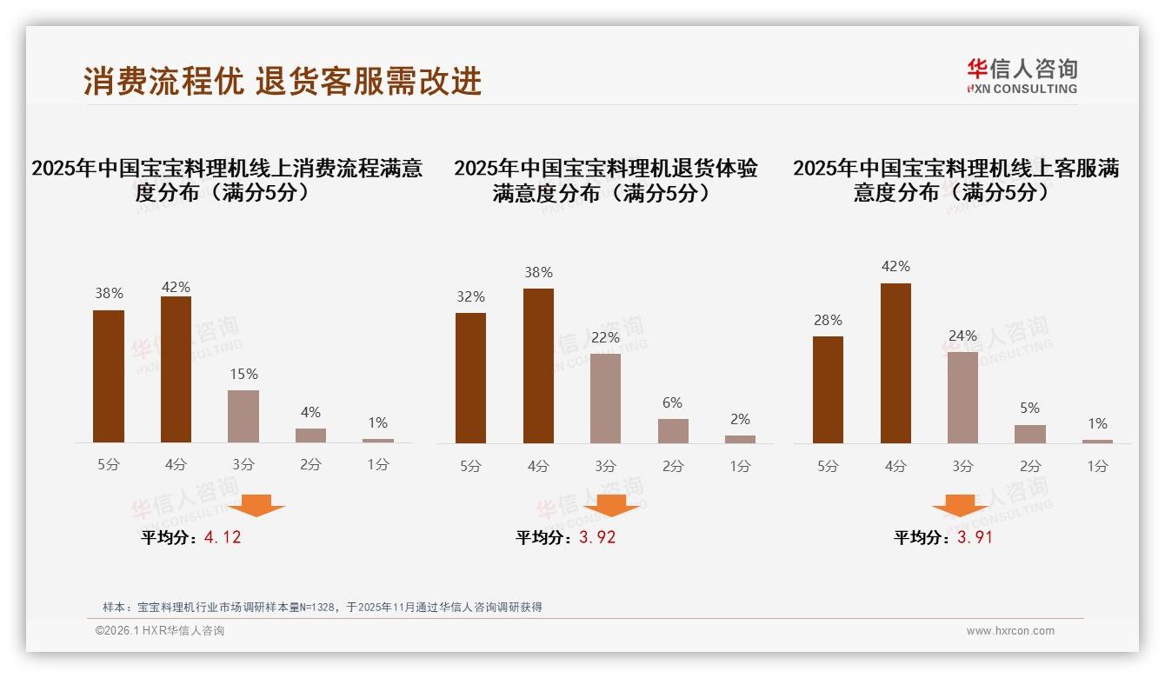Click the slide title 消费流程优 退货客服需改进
pos(283,81)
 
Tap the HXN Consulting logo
pos(1022,76)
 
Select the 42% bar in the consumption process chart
pos(176,369)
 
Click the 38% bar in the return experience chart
pos(538,366)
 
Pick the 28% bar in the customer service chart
pos(828,389)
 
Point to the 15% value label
pos(243,374)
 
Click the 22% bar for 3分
pos(605,398)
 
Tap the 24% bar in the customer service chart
pos(962,397)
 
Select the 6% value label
pos(672,402)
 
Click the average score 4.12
pos(223,537)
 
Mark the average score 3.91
pos(975,537)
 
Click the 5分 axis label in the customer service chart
pos(828,466)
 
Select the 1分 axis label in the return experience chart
pos(740,466)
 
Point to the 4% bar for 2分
pos(310,435)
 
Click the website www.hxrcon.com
pos(1010,631)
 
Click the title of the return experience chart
pos(605,180)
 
